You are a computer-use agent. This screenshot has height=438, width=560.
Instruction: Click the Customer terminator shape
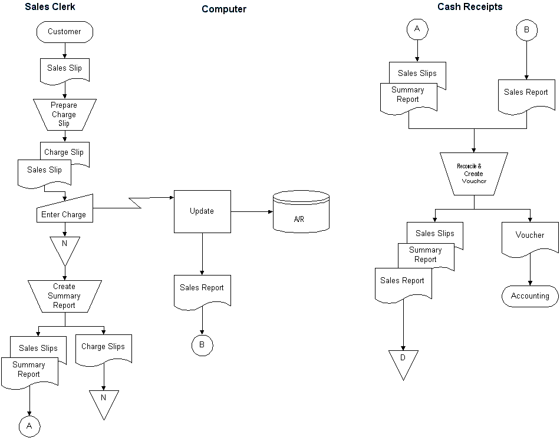64,32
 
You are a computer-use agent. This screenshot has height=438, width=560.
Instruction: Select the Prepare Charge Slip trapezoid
64,114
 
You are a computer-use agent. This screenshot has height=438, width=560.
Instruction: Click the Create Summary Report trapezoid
64,296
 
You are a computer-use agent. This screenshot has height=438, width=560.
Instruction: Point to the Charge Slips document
104,349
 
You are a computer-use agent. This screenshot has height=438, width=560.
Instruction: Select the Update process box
202,211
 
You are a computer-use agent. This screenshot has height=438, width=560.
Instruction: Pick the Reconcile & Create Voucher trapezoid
473,174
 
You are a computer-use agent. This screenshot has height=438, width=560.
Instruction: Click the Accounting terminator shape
529,296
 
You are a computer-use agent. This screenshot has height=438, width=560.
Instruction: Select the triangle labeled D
403,361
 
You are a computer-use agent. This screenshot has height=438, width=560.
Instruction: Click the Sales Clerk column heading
50,7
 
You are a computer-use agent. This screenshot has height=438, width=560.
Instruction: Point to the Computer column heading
224,9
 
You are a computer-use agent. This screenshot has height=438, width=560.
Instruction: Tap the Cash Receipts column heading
470,7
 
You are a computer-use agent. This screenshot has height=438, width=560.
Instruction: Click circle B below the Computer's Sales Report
202,345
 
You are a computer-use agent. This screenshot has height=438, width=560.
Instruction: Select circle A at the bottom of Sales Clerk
29,425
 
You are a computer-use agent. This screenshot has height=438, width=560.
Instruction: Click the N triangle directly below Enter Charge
64,247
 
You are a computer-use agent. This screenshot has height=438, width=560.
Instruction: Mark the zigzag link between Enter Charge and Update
135,204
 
